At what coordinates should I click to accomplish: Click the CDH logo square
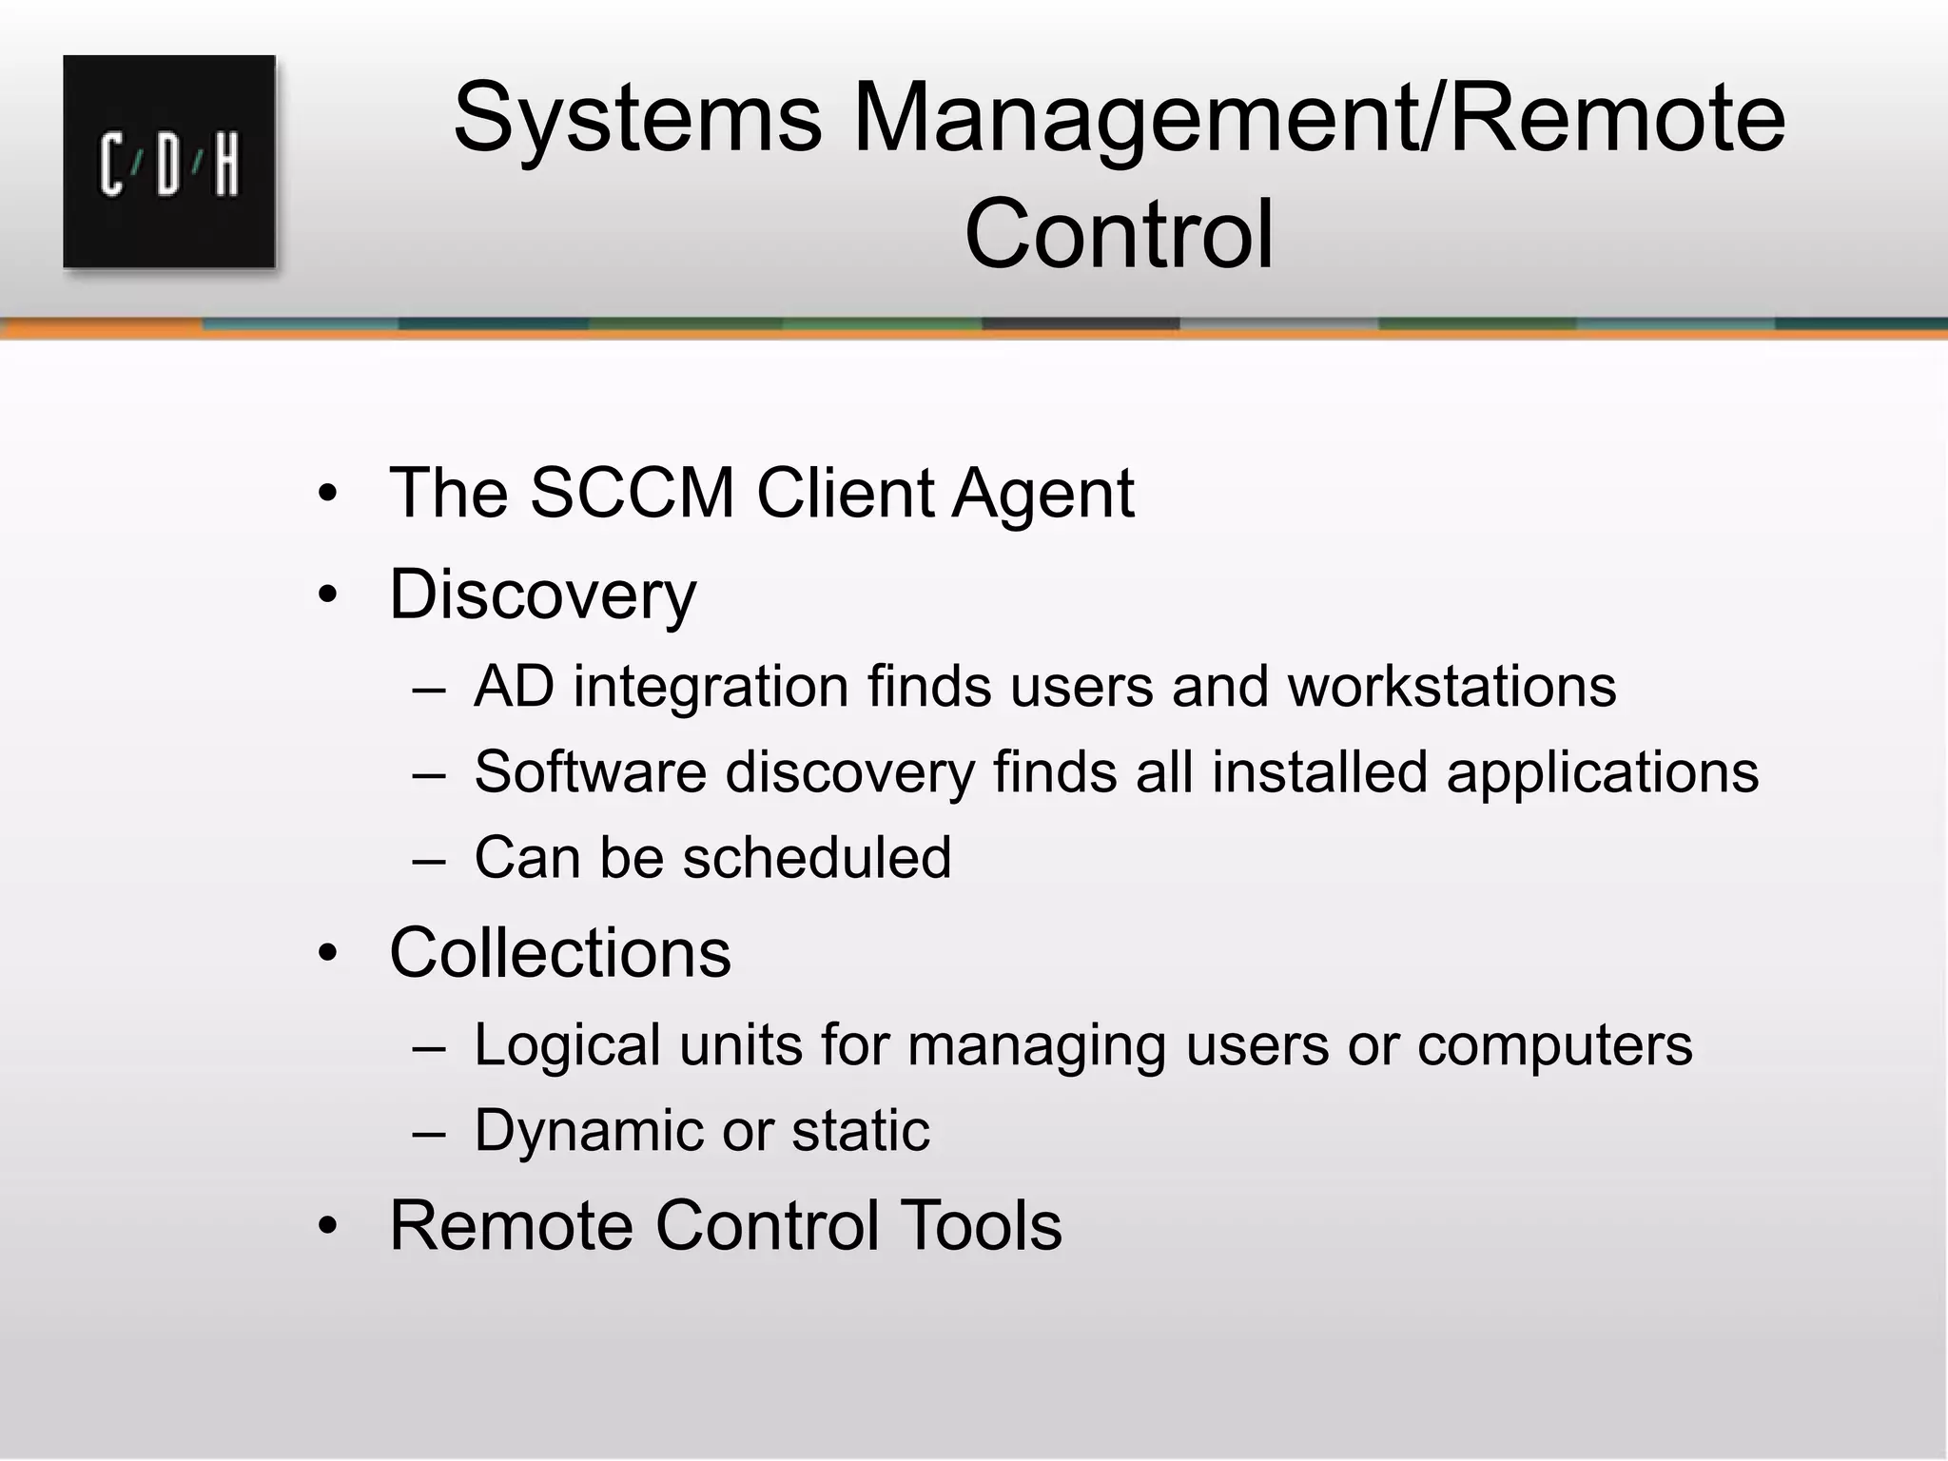pyautogui.click(x=169, y=162)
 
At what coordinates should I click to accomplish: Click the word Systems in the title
pyautogui.click(x=636, y=120)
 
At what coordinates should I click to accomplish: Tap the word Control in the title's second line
pyautogui.click(x=1119, y=234)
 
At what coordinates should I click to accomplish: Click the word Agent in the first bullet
pyautogui.click(x=1042, y=496)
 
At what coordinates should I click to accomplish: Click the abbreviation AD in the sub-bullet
pyautogui.click(x=514, y=687)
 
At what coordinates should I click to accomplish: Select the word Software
pyautogui.click(x=590, y=771)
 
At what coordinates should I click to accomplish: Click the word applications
pyautogui.click(x=1602, y=773)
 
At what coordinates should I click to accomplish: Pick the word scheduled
pyautogui.click(x=816, y=857)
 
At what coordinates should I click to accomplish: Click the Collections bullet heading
pyautogui.click(x=559, y=953)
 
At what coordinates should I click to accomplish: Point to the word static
pyautogui.click(x=860, y=1131)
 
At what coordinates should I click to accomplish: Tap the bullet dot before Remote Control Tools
pyautogui.click(x=328, y=1226)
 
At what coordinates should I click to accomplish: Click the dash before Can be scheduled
pyautogui.click(x=429, y=859)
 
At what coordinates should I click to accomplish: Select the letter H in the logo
pyautogui.click(x=226, y=167)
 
